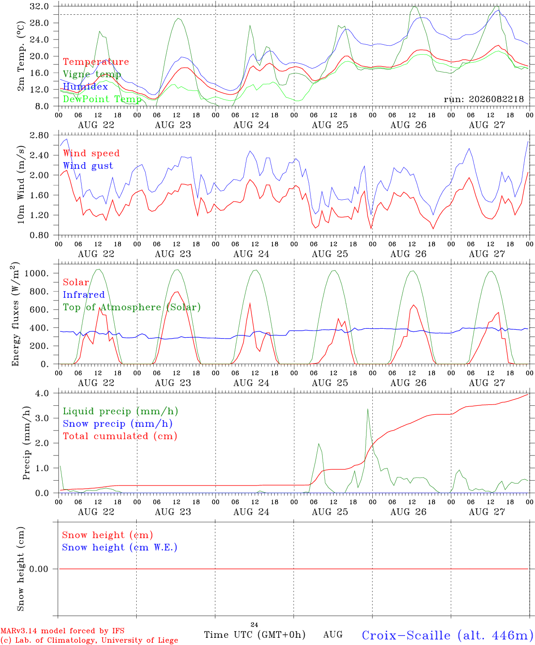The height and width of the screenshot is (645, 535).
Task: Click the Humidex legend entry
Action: point(85,86)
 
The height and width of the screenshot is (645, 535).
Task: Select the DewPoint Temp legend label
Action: point(102,99)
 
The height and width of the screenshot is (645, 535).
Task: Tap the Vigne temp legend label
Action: point(92,74)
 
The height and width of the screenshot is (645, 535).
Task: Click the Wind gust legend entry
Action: point(88,166)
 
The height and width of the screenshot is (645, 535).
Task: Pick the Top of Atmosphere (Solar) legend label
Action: point(132,307)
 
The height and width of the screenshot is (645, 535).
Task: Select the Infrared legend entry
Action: point(84,294)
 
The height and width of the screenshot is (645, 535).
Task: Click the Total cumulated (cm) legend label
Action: point(120,436)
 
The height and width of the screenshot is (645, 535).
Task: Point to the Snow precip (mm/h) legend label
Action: point(117,424)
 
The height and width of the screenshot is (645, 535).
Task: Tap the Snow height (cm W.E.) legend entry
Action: point(119,547)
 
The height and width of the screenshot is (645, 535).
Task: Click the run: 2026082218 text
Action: point(483,99)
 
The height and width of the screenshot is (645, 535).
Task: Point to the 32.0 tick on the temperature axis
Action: point(39,6)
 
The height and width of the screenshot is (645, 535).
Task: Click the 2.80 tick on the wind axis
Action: point(39,135)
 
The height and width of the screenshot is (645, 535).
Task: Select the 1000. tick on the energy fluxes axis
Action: point(37,273)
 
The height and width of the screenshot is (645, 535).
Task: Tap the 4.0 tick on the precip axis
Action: point(42,393)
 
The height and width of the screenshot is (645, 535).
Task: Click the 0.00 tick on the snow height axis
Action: point(39,569)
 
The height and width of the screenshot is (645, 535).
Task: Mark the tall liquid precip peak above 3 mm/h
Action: point(367,409)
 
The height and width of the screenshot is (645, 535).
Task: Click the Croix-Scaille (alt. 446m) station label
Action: point(448,635)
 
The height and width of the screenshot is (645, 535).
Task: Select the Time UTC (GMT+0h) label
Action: point(255,635)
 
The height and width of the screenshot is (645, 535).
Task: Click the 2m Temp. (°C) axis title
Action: point(21,56)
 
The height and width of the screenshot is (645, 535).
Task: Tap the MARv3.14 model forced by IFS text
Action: point(62,631)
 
